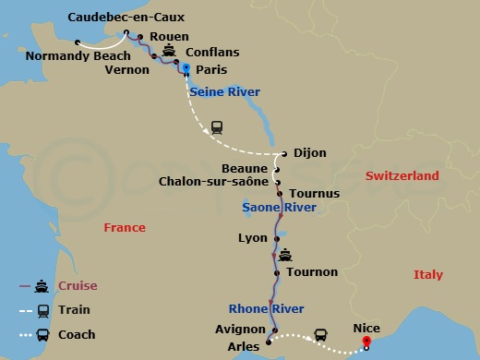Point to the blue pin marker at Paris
186,68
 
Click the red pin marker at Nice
366,342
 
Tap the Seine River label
224,92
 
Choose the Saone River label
279,209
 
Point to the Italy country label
427,275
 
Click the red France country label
125,228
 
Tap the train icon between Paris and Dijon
217,127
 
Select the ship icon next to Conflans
170,51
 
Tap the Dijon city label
309,154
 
